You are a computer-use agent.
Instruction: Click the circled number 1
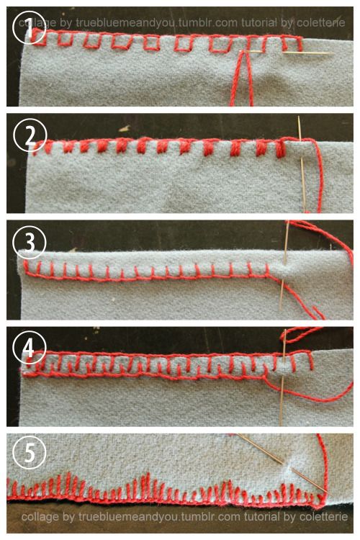(29, 27)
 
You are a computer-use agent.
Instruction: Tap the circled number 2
(30, 135)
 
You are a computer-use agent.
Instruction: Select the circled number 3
(30, 243)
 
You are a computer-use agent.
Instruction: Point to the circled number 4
(30, 348)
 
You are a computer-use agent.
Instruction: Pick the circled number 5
(30, 452)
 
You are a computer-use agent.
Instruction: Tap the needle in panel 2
(302, 163)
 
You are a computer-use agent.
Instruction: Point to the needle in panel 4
(283, 377)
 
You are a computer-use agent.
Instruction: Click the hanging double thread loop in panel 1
(241, 78)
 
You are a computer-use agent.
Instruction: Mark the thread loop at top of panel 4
(300, 335)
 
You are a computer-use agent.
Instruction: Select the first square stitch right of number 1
(65, 39)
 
